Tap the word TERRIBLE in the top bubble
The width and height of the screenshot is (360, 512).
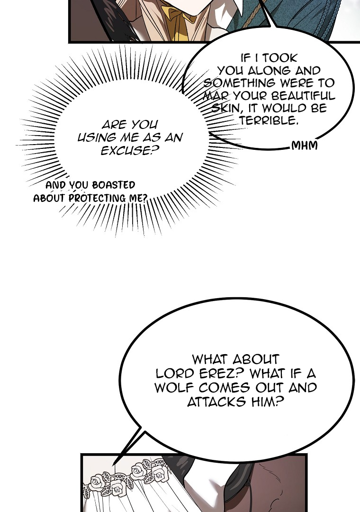tap(269, 120)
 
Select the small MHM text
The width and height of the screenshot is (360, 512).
tap(304, 145)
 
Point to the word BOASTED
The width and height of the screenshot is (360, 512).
tap(114, 185)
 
